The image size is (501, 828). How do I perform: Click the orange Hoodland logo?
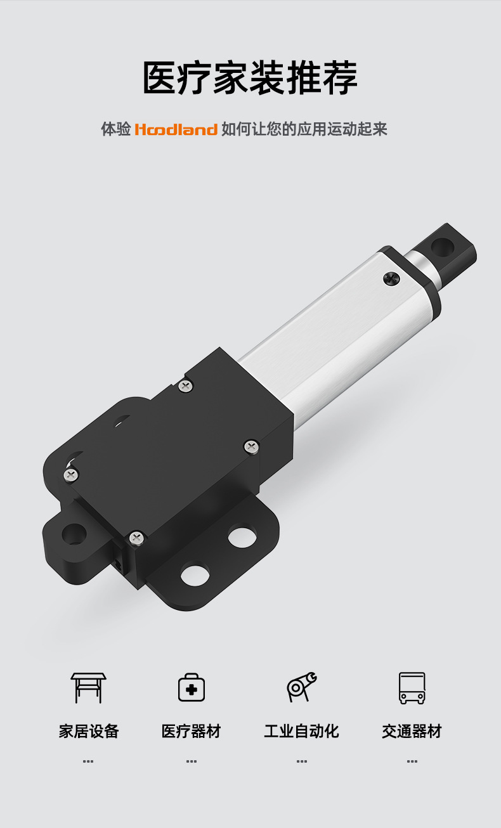point(176,129)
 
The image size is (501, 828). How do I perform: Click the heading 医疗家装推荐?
point(251,78)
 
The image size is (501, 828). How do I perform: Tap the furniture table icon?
point(88,688)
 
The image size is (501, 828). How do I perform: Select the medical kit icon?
point(192,687)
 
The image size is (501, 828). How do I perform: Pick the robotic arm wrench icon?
point(302,687)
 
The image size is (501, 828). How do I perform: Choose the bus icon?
point(412,688)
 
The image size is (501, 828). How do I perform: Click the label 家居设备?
point(89,731)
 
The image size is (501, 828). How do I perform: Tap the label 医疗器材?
point(192,731)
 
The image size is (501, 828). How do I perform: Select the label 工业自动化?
point(302,731)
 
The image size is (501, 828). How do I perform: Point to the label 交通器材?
point(412,731)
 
